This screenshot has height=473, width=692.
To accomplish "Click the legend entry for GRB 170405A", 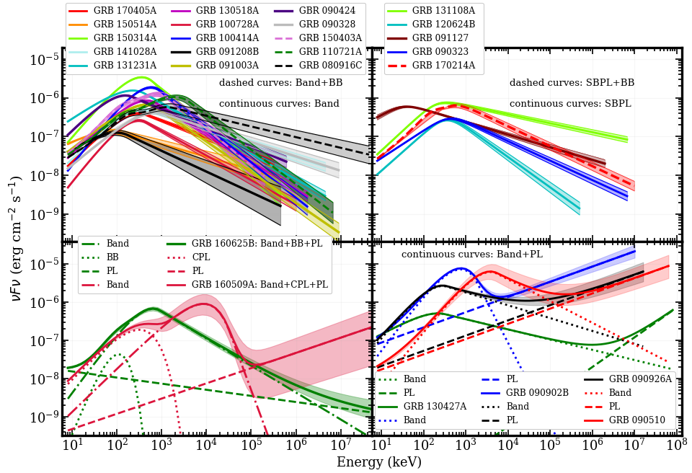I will click(x=123, y=12).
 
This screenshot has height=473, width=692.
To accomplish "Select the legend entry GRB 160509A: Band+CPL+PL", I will click(x=260, y=285).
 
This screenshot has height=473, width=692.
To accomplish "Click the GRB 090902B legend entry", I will click(x=538, y=392).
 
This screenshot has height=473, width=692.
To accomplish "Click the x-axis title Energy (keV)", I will click(x=379, y=463).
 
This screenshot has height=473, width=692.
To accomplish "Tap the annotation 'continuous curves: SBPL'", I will click(x=570, y=104).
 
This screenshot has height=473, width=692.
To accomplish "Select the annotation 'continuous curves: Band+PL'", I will click(x=471, y=255).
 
